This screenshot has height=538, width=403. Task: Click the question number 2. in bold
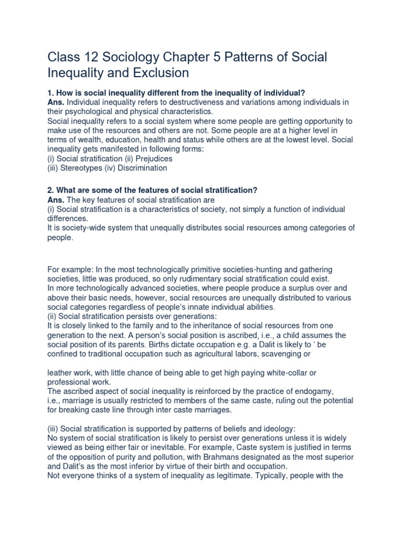pyautogui.click(x=51, y=190)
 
